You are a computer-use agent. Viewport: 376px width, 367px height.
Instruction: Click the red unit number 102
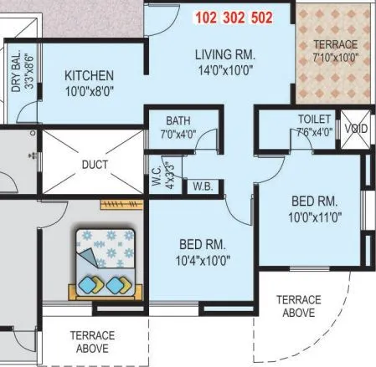(x=207, y=18)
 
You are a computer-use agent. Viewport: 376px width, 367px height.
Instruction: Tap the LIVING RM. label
(x=225, y=55)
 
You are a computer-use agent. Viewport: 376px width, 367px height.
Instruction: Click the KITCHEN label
(x=89, y=76)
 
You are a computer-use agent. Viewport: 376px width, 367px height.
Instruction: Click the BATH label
(x=178, y=120)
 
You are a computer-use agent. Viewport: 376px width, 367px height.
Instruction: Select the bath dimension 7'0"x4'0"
(x=178, y=134)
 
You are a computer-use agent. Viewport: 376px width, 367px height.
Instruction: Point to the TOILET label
(x=314, y=119)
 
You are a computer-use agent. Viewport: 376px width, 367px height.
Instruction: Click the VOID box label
(x=354, y=130)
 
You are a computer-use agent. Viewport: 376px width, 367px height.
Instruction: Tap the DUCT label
(x=95, y=165)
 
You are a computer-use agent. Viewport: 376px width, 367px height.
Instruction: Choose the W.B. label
(x=202, y=186)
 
